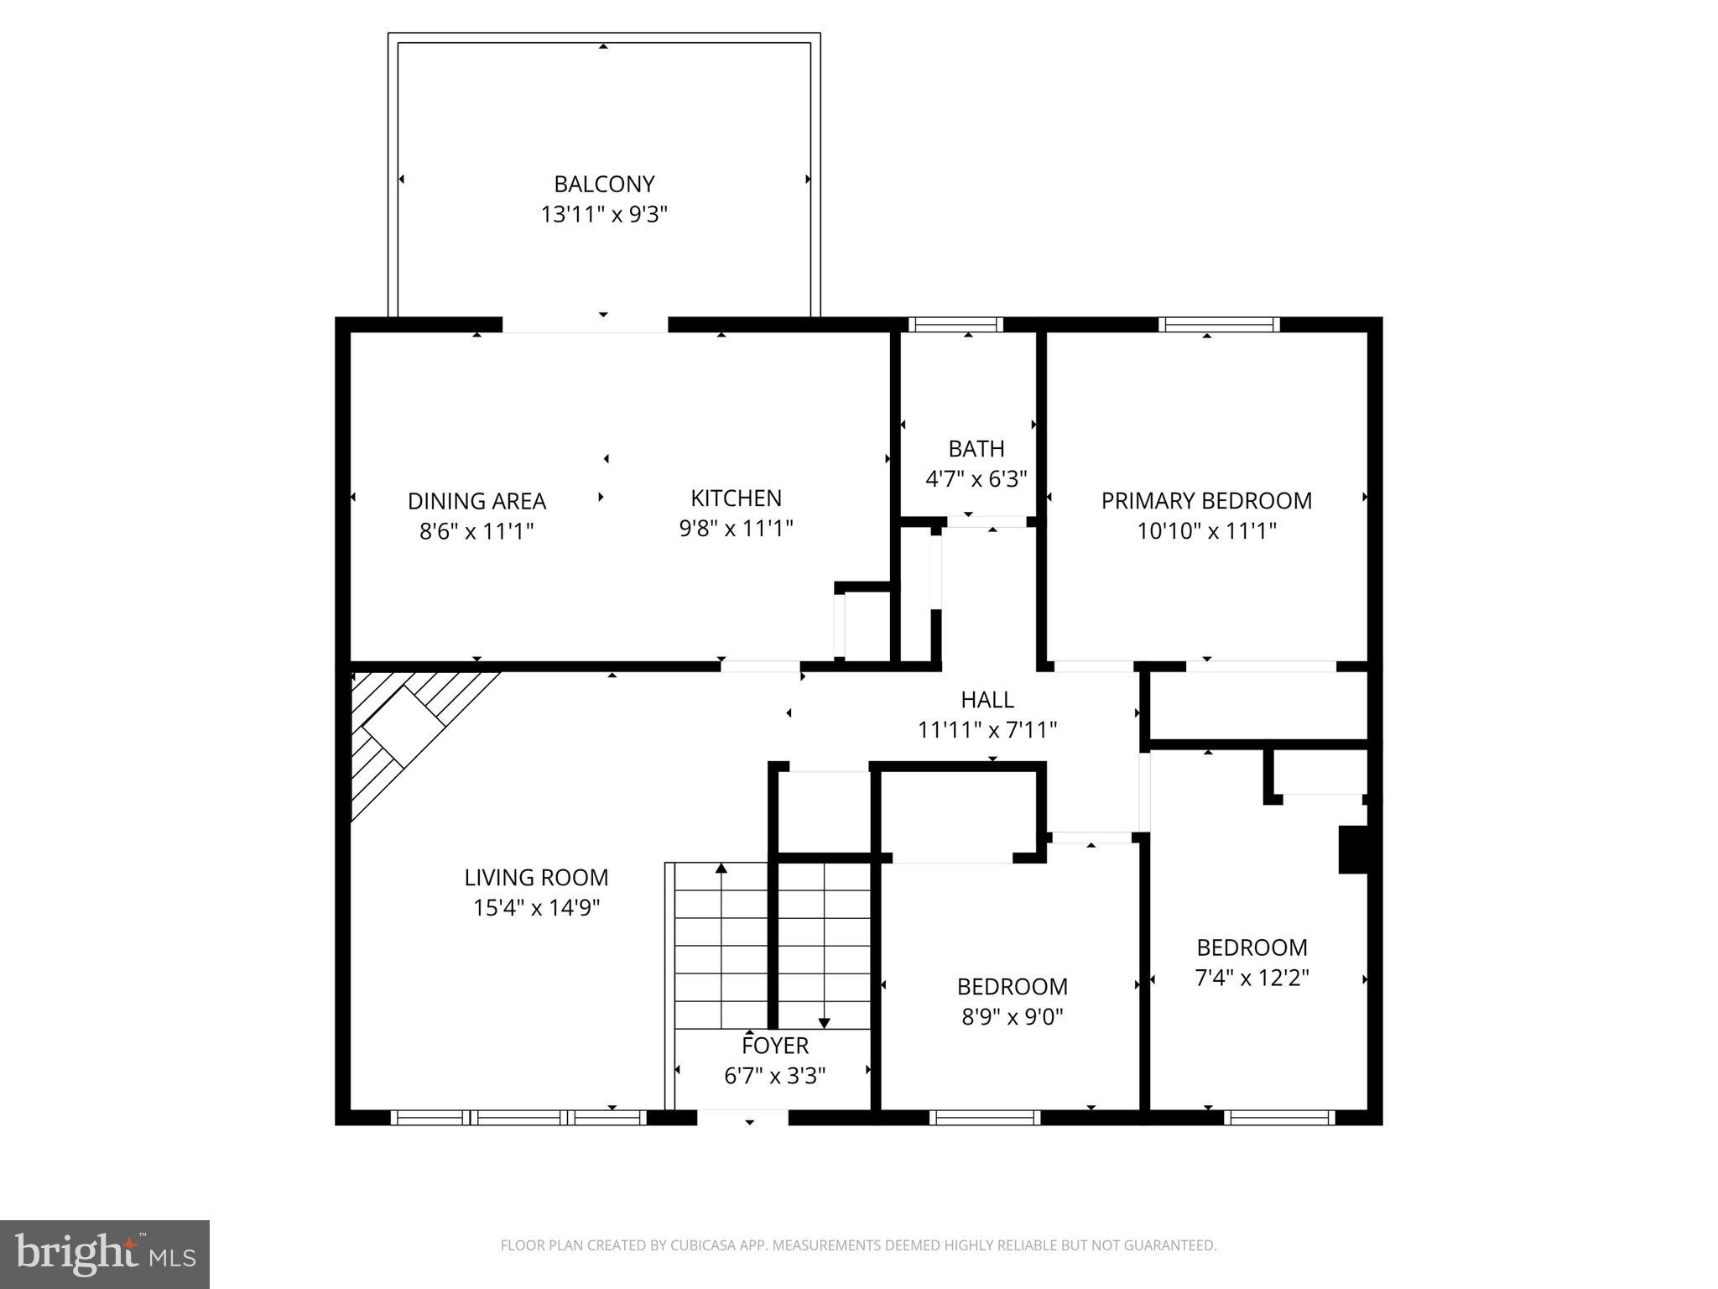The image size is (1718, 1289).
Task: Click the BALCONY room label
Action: [604, 184]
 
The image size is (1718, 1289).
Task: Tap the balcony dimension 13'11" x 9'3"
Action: [604, 215]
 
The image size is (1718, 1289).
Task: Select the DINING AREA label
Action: [476, 501]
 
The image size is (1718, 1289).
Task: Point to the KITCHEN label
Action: [736, 498]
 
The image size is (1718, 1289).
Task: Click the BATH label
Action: [976, 448]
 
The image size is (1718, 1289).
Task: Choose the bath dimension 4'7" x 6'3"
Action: [976, 479]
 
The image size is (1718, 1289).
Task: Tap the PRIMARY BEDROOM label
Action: [1206, 501]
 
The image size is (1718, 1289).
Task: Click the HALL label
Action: [987, 699]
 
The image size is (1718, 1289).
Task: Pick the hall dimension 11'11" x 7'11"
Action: [987, 730]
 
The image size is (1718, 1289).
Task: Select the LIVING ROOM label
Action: [536, 878]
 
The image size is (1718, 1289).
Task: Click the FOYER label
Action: [774, 1046]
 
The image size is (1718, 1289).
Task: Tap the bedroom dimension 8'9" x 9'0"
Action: [1012, 1017]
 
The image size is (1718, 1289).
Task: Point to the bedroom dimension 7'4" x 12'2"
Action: [1252, 978]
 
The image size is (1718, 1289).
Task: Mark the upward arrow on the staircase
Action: [721, 869]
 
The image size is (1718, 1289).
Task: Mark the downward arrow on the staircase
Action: [824, 1021]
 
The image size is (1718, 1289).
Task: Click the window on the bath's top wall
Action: [955, 325]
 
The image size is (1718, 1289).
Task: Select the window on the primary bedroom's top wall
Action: [1219, 325]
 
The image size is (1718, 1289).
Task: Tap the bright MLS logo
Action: [105, 1254]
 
